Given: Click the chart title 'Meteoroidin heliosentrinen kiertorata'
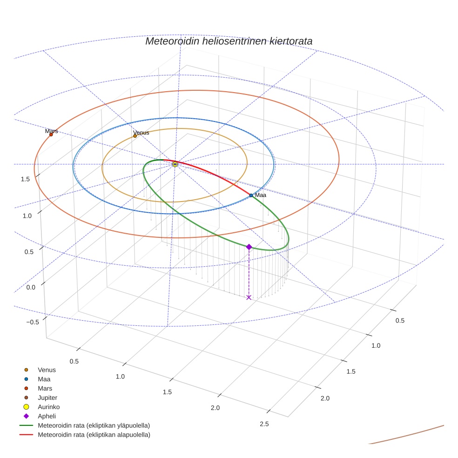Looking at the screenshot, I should click(229, 41).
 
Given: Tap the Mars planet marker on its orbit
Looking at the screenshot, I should click(51, 135).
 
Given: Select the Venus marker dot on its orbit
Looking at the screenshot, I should click(135, 136).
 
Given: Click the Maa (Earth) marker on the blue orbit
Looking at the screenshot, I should click(251, 195).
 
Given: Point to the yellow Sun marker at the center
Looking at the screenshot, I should click(175, 164).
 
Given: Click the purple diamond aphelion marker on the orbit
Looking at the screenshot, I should click(249, 247).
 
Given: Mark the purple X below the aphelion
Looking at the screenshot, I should click(249, 297).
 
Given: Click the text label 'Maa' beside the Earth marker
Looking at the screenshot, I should click(261, 195).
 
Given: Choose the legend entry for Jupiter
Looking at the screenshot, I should click(47, 397).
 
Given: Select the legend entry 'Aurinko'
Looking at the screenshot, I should click(48, 407).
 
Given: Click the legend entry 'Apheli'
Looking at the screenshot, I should click(47, 416).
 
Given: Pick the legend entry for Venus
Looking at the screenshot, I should click(47, 370).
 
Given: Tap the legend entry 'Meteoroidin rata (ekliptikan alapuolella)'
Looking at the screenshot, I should click(94, 435).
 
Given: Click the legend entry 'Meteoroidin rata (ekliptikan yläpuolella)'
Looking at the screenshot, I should click(94, 425).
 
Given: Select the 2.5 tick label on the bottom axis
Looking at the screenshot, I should click(264, 424).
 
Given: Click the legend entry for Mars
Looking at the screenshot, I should click(45, 388).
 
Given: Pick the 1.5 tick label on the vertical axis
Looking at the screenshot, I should click(26, 179).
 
